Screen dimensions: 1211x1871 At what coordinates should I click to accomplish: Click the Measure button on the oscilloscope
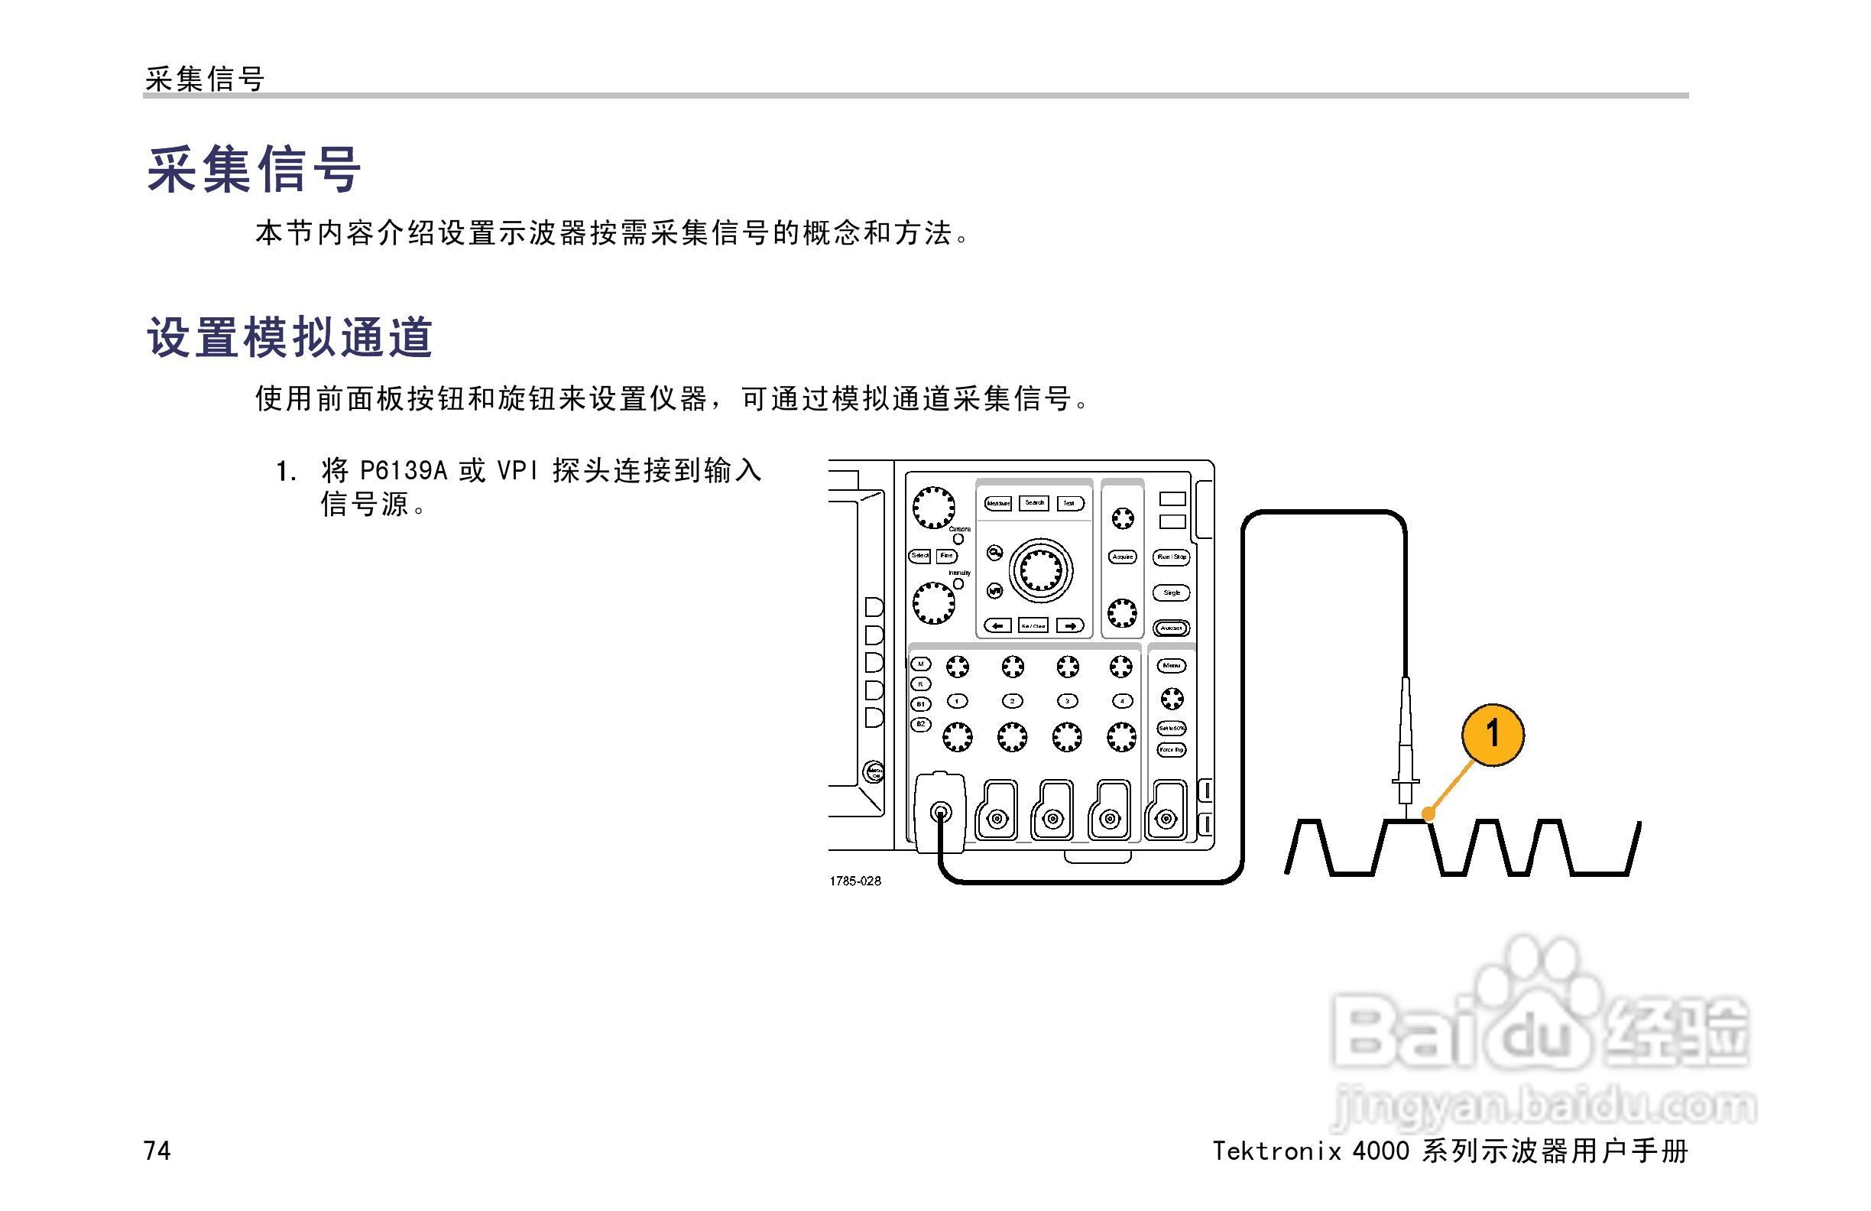tap(997, 503)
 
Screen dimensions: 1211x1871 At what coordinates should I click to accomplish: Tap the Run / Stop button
tap(1172, 557)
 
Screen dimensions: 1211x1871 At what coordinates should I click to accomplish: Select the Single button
tap(1172, 593)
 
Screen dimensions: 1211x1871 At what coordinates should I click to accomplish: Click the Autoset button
tap(1172, 628)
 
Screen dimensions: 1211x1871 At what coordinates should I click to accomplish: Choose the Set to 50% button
tap(1172, 728)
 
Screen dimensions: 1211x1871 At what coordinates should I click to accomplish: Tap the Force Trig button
tap(1172, 750)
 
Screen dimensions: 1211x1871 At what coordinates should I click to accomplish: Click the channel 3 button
tap(1067, 700)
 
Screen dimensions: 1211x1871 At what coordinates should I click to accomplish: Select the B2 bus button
tap(920, 723)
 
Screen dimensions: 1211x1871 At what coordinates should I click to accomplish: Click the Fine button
tap(946, 556)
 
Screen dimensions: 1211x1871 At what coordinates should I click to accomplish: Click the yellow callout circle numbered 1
tap(1492, 735)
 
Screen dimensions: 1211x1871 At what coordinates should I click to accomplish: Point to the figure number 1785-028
tap(854, 881)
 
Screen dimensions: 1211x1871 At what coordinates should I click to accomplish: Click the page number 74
tap(157, 1151)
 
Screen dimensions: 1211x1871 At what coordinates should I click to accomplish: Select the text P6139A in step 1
tap(403, 471)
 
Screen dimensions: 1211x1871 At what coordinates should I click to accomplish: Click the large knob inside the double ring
tap(1040, 570)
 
